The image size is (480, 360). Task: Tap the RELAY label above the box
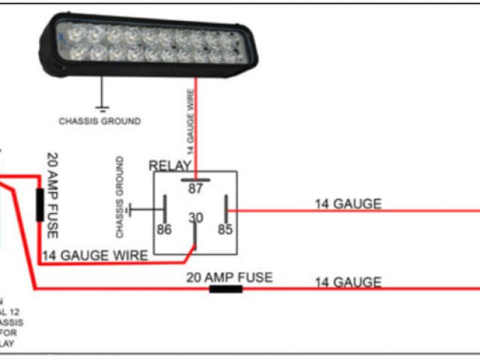click(x=170, y=166)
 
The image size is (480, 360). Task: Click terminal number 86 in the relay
click(x=164, y=229)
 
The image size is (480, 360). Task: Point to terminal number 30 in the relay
click(x=195, y=217)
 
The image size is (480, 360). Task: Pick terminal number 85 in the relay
click(x=225, y=229)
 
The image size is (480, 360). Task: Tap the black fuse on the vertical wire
click(x=39, y=205)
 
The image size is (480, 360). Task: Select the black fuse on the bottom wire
click(x=225, y=288)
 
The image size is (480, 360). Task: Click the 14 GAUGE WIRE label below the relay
click(x=94, y=256)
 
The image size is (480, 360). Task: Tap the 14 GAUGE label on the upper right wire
click(x=347, y=203)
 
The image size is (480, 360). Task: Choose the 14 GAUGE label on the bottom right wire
click(x=347, y=282)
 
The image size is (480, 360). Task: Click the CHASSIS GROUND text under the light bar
click(x=99, y=121)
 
